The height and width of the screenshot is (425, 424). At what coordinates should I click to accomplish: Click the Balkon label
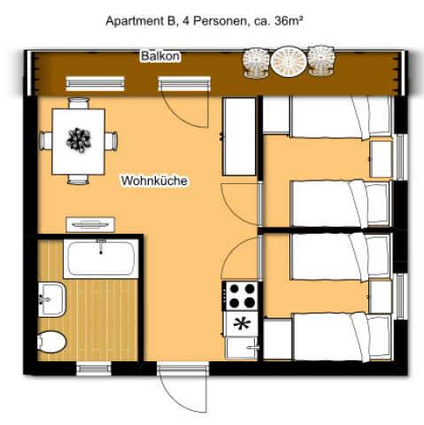[x=160, y=57]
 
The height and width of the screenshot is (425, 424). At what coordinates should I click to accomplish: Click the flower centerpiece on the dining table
[x=80, y=140]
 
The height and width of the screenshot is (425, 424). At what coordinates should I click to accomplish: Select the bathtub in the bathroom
[x=102, y=259]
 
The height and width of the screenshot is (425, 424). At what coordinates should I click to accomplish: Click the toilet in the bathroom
[x=51, y=341]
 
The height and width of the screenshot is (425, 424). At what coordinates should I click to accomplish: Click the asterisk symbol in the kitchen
[x=240, y=324]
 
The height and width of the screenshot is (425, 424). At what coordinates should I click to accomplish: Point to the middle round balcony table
[x=287, y=61]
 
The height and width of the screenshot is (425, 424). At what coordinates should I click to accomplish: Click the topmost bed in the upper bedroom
[x=340, y=116]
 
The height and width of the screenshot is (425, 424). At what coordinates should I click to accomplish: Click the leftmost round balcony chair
[x=256, y=62]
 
